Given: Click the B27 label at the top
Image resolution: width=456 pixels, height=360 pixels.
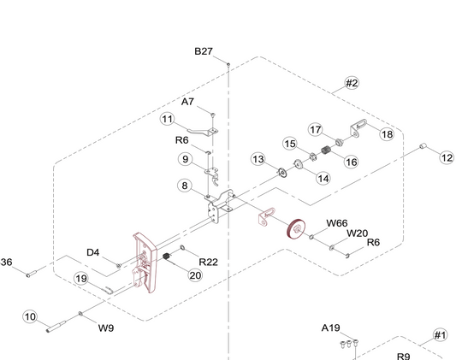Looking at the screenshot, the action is pyautogui.click(x=204, y=51).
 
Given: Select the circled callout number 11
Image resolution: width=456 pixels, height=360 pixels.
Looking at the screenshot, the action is pyautogui.click(x=167, y=119).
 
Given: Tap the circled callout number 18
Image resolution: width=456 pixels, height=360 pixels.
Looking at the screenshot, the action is pyautogui.click(x=387, y=134).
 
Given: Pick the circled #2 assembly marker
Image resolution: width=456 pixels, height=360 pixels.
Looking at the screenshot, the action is pyautogui.click(x=352, y=83).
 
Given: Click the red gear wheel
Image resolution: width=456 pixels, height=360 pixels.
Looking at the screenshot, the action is pyautogui.click(x=296, y=228).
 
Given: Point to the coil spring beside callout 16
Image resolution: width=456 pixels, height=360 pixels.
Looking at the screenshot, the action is pyautogui.click(x=327, y=150).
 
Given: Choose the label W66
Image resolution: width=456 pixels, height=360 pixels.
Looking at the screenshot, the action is pyautogui.click(x=337, y=223).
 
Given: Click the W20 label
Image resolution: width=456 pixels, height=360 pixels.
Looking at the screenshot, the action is pyautogui.click(x=357, y=233).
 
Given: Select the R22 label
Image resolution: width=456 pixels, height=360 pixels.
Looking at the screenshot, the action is pyautogui.click(x=208, y=262).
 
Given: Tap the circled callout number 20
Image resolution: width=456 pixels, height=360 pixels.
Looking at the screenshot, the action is pyautogui.click(x=195, y=275).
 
